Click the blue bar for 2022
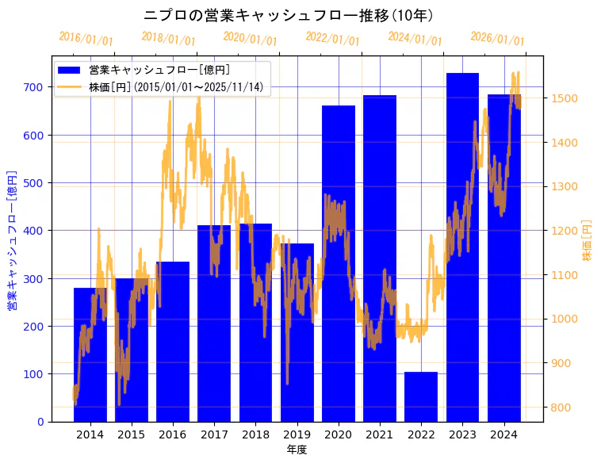tap(421, 396)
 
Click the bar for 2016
tap(173, 341)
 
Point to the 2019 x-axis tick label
tap(297, 434)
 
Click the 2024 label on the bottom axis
tap(503, 434)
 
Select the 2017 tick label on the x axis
tap(214, 434)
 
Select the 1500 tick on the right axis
tap(563, 98)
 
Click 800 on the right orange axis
tap(561, 408)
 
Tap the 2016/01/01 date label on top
tap(86, 39)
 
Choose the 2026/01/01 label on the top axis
tap(497, 39)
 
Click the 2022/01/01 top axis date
tap(332, 39)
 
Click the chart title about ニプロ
tap(289, 15)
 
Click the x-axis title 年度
tap(297, 450)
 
